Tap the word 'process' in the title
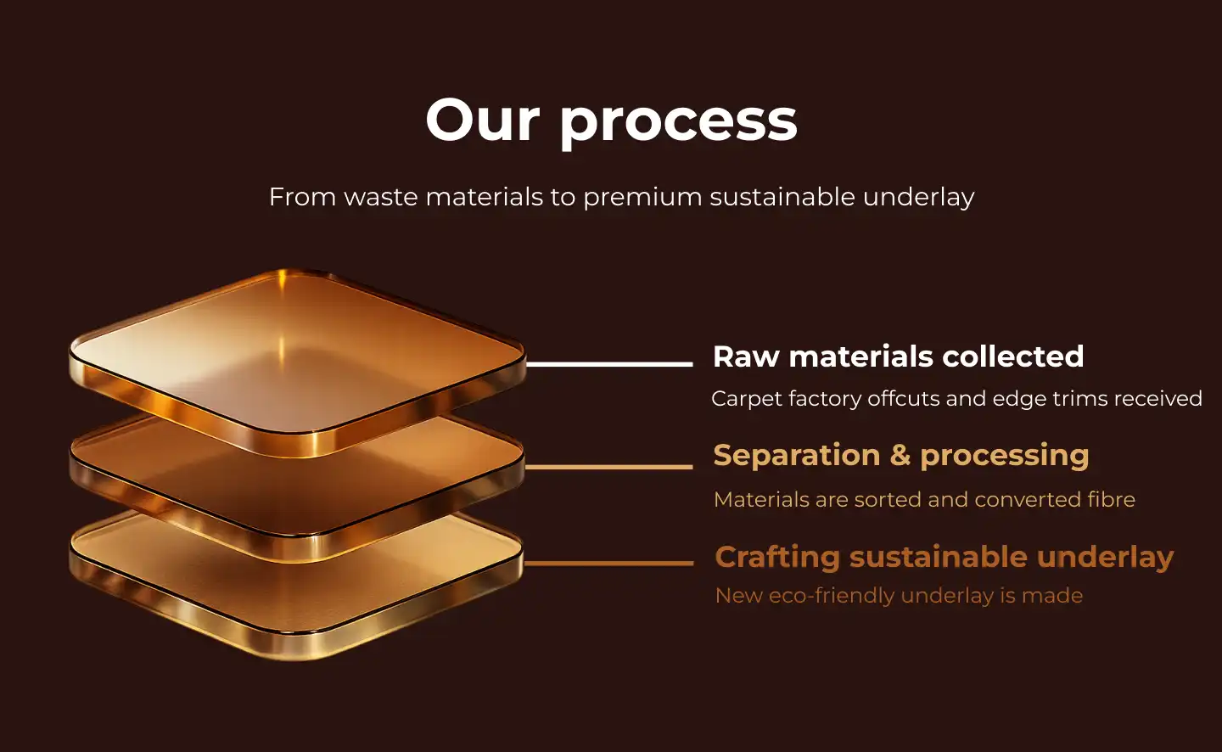pyautogui.click(x=679, y=126)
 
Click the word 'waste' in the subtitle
pyautogui.click(x=380, y=197)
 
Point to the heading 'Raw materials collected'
pyautogui.click(x=898, y=356)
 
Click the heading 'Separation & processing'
pyautogui.click(x=900, y=457)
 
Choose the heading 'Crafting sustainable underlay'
pyautogui.click(x=944, y=557)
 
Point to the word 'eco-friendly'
pyautogui.click(x=832, y=596)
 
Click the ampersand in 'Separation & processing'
pyautogui.click(x=900, y=457)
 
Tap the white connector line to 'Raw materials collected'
pyautogui.click(x=609, y=364)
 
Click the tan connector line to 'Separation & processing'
pyautogui.click(x=608, y=467)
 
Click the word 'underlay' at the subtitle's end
pyautogui.click(x=919, y=198)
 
